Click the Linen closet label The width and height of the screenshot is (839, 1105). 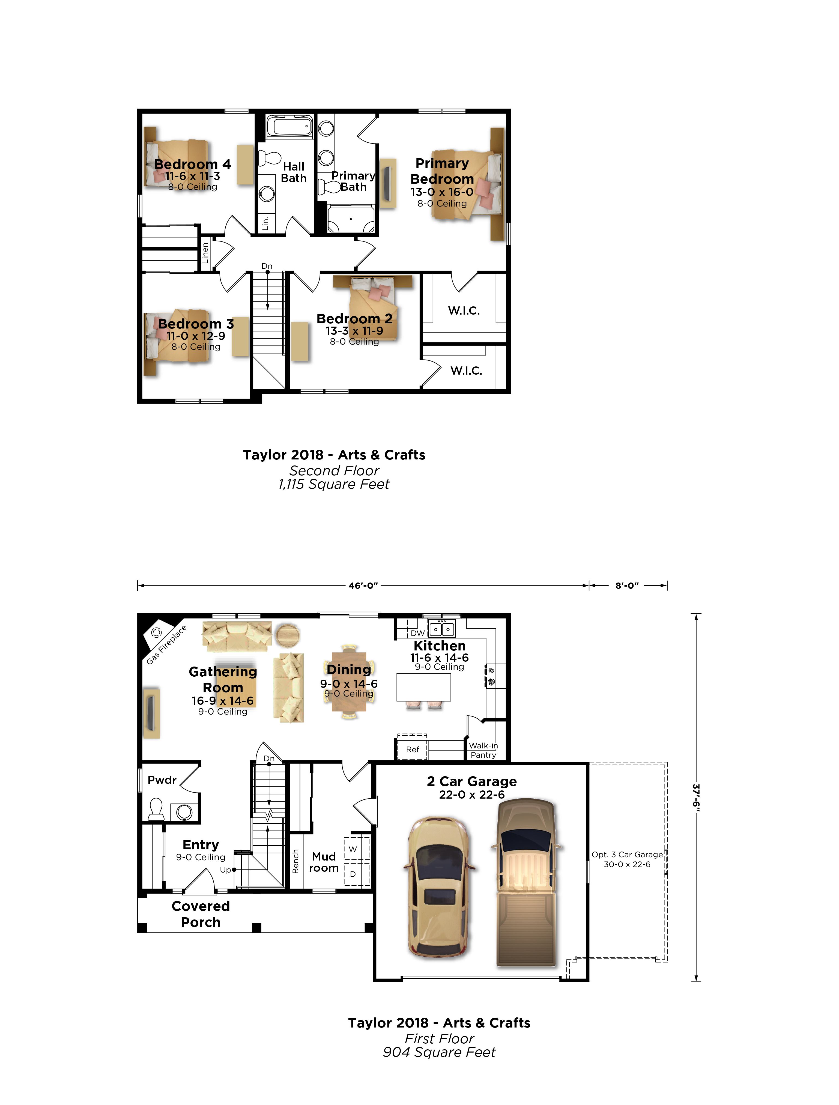(205, 253)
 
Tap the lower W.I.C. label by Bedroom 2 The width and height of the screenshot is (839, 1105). (466, 371)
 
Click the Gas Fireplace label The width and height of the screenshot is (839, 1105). (166, 645)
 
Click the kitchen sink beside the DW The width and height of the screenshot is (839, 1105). (442, 628)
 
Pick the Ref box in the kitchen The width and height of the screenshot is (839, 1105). (412, 749)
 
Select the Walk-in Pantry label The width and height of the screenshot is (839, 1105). (483, 750)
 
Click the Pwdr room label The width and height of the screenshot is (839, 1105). (162, 780)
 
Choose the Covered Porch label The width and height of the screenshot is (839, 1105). (200, 914)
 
